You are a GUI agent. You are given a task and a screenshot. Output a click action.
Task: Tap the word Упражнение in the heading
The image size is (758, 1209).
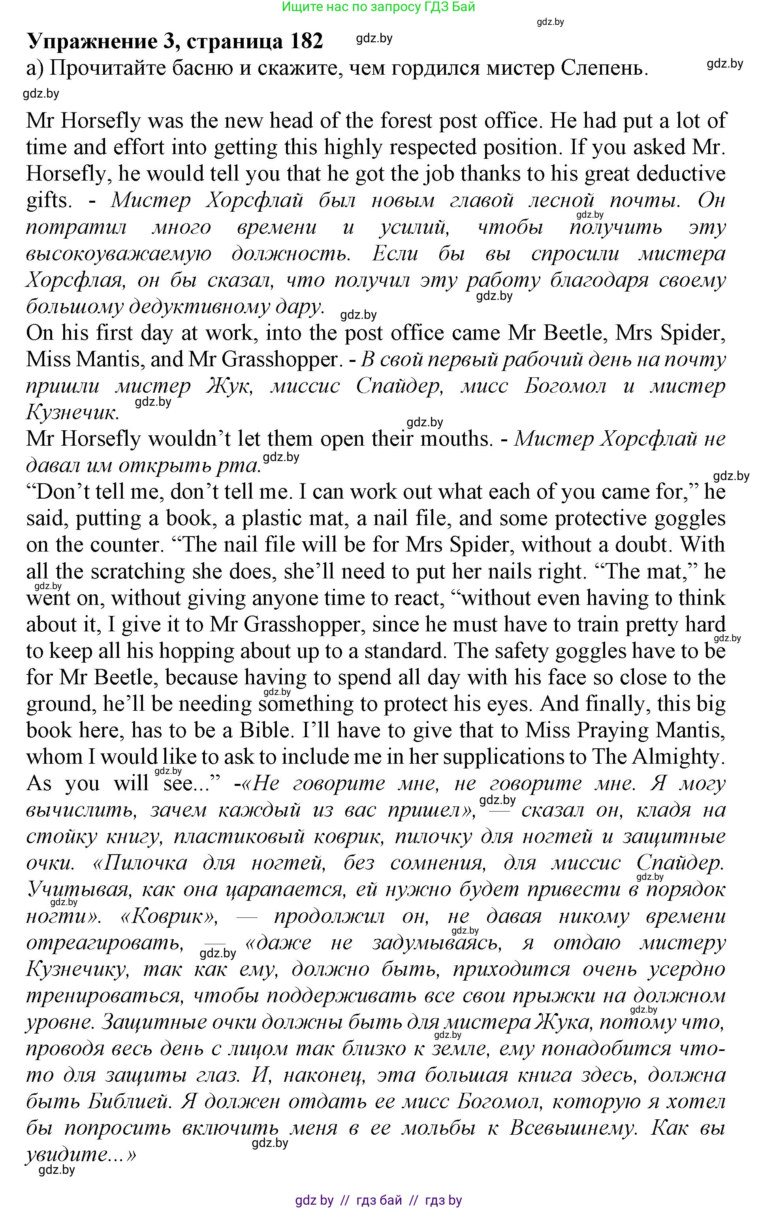92,41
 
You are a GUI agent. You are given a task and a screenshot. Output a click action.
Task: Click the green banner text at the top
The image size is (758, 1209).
378,7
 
